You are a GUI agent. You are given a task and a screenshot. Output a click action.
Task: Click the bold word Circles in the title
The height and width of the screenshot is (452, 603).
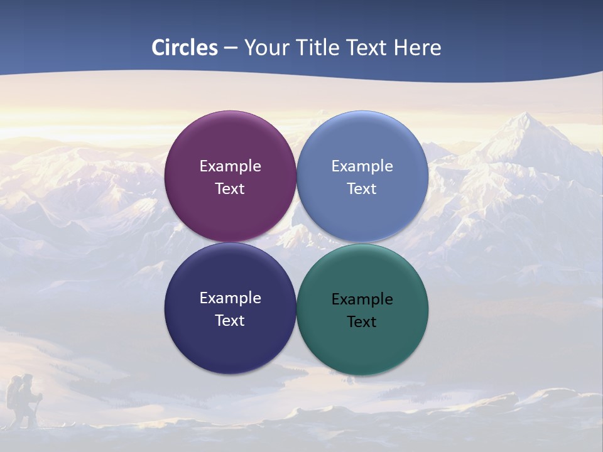pyautogui.click(x=185, y=47)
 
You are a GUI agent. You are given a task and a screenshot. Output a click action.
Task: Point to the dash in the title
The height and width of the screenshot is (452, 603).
pyautogui.click(x=231, y=48)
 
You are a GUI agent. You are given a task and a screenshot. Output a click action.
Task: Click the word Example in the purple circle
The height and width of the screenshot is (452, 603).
pyautogui.click(x=230, y=166)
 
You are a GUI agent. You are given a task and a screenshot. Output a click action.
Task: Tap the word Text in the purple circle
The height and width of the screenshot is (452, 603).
pyautogui.click(x=230, y=189)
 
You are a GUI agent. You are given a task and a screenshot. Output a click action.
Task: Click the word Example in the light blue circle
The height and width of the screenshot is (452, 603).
pyautogui.click(x=362, y=166)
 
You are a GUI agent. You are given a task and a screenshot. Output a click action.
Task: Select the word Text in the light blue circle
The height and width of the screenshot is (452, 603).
pyautogui.click(x=362, y=189)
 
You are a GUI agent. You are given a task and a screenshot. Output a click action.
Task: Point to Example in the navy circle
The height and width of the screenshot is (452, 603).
pyautogui.click(x=230, y=298)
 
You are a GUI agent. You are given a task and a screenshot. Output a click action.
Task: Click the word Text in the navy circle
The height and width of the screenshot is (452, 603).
pyautogui.click(x=230, y=321)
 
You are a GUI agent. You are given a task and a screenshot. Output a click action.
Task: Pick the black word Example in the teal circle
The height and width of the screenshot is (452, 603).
pyautogui.click(x=362, y=299)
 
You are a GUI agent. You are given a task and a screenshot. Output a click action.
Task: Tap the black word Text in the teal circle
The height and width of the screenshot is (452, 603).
pyautogui.click(x=362, y=322)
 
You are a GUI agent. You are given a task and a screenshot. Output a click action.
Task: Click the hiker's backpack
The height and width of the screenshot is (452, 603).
pyautogui.click(x=14, y=395)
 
